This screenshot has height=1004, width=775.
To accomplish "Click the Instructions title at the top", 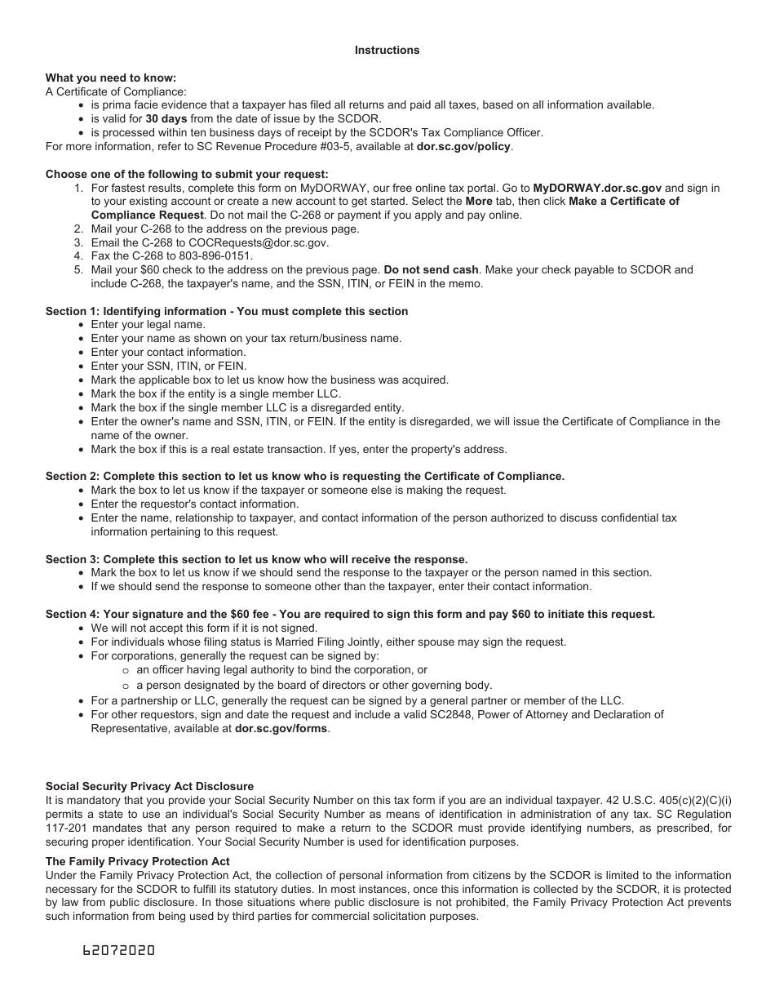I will click(387, 50).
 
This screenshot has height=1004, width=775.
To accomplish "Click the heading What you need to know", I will click(110, 78).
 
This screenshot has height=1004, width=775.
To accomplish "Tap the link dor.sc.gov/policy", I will click(463, 146).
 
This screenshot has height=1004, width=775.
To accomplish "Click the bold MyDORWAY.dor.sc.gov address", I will click(597, 188).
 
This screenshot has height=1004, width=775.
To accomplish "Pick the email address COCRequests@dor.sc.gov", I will click(259, 242).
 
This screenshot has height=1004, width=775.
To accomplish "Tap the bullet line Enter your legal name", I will click(148, 325).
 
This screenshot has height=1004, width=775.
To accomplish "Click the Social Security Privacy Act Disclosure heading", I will click(149, 786).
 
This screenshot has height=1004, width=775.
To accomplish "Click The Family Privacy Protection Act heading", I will click(137, 861).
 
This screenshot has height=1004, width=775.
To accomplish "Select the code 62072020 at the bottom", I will click(118, 951).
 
